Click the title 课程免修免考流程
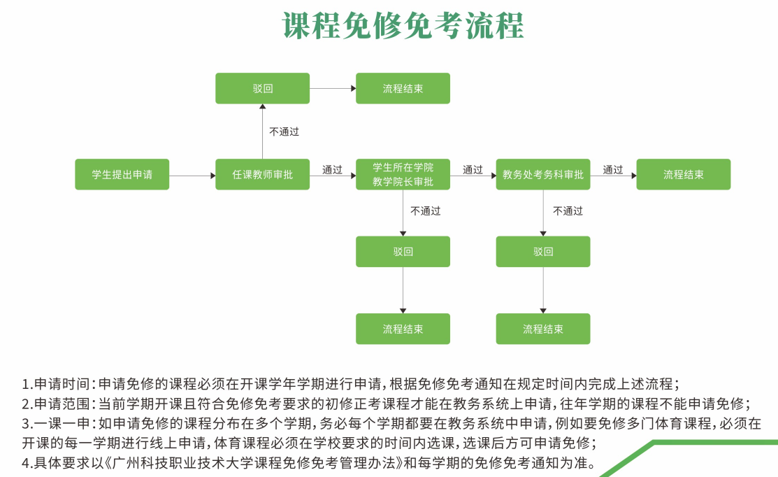point(403,27)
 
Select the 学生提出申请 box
point(122,174)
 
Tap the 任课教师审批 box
point(262,174)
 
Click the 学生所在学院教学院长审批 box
point(403,174)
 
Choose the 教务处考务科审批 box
point(543,174)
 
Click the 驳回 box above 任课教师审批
point(262,89)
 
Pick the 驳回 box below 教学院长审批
point(403,252)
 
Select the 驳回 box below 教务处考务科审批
point(543,252)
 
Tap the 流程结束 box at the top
point(403,89)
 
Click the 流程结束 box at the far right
point(683,174)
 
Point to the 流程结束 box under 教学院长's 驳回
point(403,329)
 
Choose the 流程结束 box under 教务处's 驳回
point(543,329)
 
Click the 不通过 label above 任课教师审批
point(284,131)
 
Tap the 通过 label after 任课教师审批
point(332,169)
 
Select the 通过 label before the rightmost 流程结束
point(613,169)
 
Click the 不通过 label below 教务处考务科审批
point(568,211)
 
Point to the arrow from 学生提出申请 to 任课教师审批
point(192,175)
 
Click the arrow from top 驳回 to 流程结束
point(333,89)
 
